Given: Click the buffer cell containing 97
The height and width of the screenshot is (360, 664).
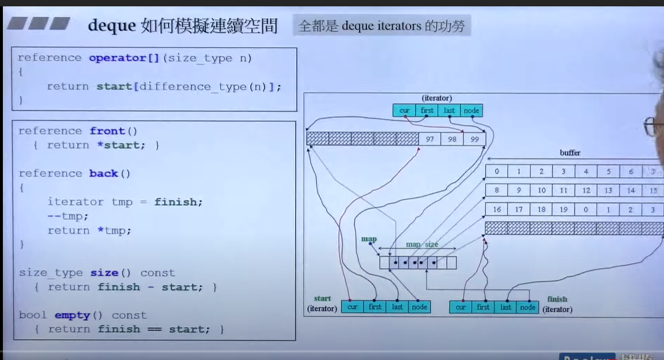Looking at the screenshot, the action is click(x=429, y=139).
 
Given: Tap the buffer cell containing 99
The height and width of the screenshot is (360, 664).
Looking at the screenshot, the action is click(x=474, y=139).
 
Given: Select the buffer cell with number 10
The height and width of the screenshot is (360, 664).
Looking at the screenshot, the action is click(x=541, y=191).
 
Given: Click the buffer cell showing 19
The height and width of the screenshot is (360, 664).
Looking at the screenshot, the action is click(x=564, y=210).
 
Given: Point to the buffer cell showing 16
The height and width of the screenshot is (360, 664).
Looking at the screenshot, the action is click(x=497, y=210).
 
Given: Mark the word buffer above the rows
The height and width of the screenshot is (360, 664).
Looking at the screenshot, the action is click(x=569, y=153).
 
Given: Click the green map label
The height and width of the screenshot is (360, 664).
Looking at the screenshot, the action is click(x=369, y=239).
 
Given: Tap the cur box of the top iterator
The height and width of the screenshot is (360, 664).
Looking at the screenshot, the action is click(x=404, y=111).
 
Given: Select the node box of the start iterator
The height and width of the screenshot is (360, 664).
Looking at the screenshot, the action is click(x=419, y=307).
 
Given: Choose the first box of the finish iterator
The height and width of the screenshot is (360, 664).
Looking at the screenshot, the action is click(x=483, y=308).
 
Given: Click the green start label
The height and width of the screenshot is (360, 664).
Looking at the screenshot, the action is click(x=322, y=298).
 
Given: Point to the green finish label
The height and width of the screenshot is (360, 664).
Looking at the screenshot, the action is click(x=557, y=299).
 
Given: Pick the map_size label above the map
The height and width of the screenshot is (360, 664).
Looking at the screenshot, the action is click(x=421, y=245).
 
